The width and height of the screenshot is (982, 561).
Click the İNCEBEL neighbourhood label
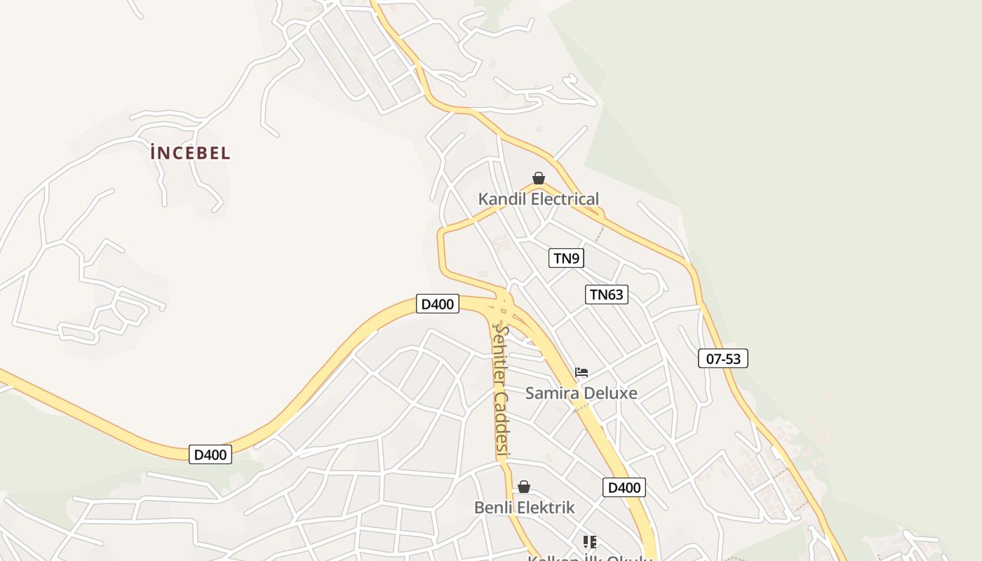click(190, 153)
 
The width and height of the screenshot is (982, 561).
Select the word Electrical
click(565, 199)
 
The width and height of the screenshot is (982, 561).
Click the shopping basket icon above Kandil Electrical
click(538, 178)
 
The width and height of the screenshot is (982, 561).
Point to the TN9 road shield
click(566, 258)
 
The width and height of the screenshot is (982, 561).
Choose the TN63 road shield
click(606, 295)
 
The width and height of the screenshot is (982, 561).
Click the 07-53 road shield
click(723, 358)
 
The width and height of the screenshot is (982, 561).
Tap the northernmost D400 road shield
click(438, 304)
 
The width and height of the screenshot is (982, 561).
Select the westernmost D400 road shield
click(210, 454)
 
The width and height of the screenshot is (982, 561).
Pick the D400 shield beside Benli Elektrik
click(624, 487)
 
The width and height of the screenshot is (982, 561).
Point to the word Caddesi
click(501, 426)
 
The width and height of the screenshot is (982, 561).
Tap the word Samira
click(550, 393)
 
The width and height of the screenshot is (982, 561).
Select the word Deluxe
click(608, 393)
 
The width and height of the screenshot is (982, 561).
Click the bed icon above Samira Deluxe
click(581, 372)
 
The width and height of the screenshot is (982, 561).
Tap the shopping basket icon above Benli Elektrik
click(523, 487)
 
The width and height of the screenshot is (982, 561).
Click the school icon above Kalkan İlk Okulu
click(590, 541)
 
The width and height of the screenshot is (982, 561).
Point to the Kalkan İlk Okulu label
click(590, 557)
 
